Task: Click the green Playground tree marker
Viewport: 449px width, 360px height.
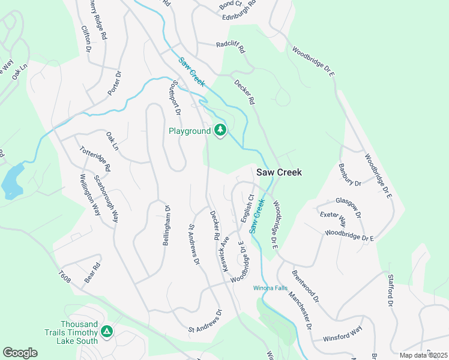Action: click(x=220, y=130)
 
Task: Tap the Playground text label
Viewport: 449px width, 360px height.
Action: click(x=189, y=131)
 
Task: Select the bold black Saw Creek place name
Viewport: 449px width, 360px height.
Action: click(x=279, y=172)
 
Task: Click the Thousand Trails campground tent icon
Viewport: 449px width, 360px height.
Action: click(x=107, y=331)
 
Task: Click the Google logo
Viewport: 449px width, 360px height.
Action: click(x=20, y=353)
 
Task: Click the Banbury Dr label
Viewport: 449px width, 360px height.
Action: click(x=349, y=175)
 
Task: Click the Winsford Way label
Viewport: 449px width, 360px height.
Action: click(x=342, y=338)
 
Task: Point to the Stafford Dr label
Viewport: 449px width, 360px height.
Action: click(x=391, y=289)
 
